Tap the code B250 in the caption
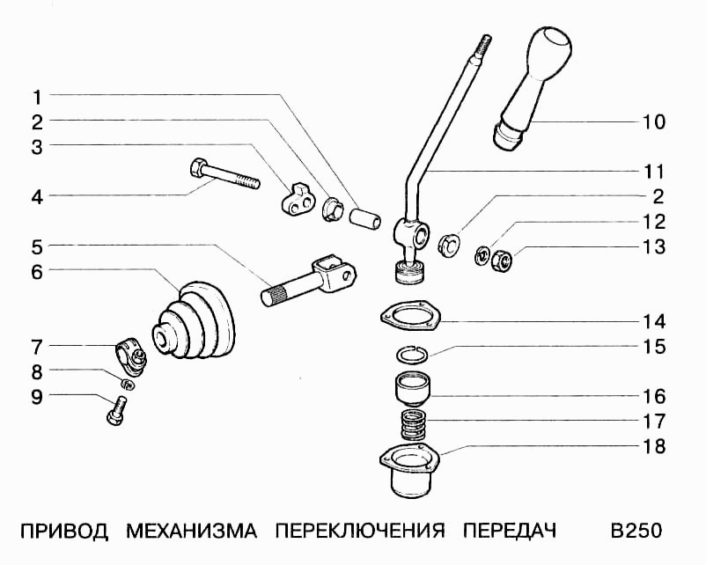click(635, 532)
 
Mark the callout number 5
click(38, 246)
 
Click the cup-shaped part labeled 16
click(410, 388)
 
